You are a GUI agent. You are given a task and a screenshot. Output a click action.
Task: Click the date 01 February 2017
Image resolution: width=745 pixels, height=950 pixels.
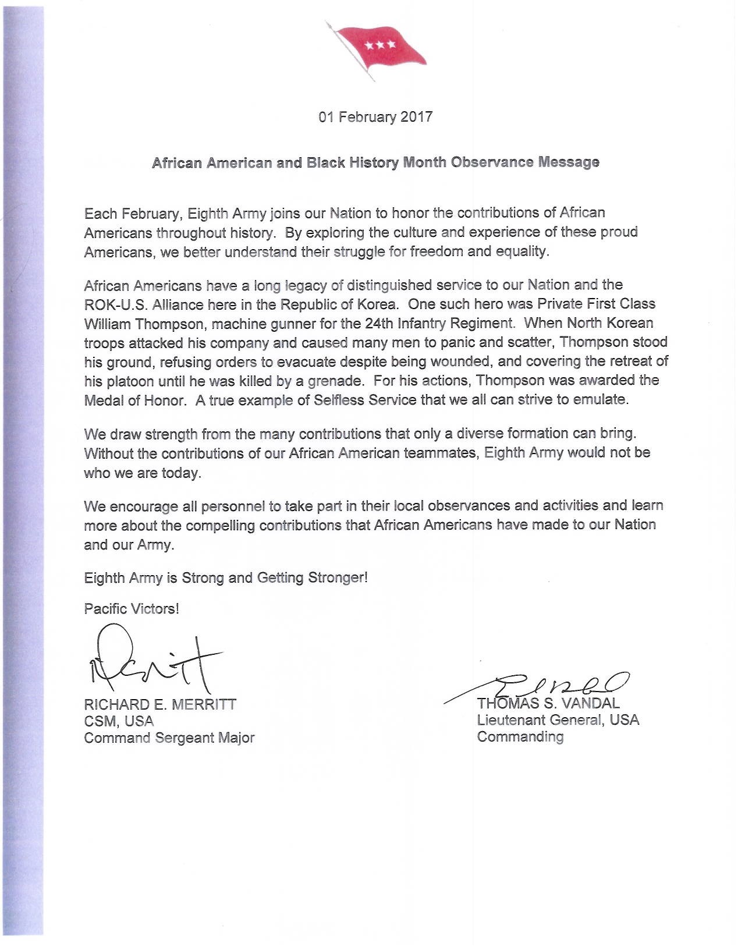point(375,117)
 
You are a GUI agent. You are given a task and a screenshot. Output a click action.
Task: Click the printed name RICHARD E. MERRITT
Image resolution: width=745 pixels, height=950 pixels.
point(160,704)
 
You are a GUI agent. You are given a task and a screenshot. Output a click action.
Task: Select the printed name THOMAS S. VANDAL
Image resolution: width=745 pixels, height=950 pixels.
point(548,703)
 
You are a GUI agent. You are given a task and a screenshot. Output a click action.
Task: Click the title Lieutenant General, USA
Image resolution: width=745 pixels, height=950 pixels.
point(558,720)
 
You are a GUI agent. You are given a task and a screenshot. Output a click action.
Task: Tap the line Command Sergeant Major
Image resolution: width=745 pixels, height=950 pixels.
point(169,738)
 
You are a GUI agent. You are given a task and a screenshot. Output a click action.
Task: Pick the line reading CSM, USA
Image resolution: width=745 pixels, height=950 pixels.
point(119,721)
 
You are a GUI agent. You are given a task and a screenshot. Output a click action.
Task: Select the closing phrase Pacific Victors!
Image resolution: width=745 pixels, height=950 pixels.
point(132,609)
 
